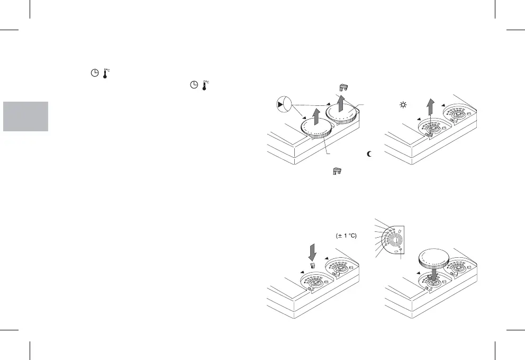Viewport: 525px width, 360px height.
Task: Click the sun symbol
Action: coord(403,106)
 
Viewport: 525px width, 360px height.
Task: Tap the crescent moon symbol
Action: coord(369,154)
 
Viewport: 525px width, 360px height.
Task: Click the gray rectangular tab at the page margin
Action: coord(25,116)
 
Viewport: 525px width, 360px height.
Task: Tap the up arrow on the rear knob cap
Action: coord(341,104)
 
